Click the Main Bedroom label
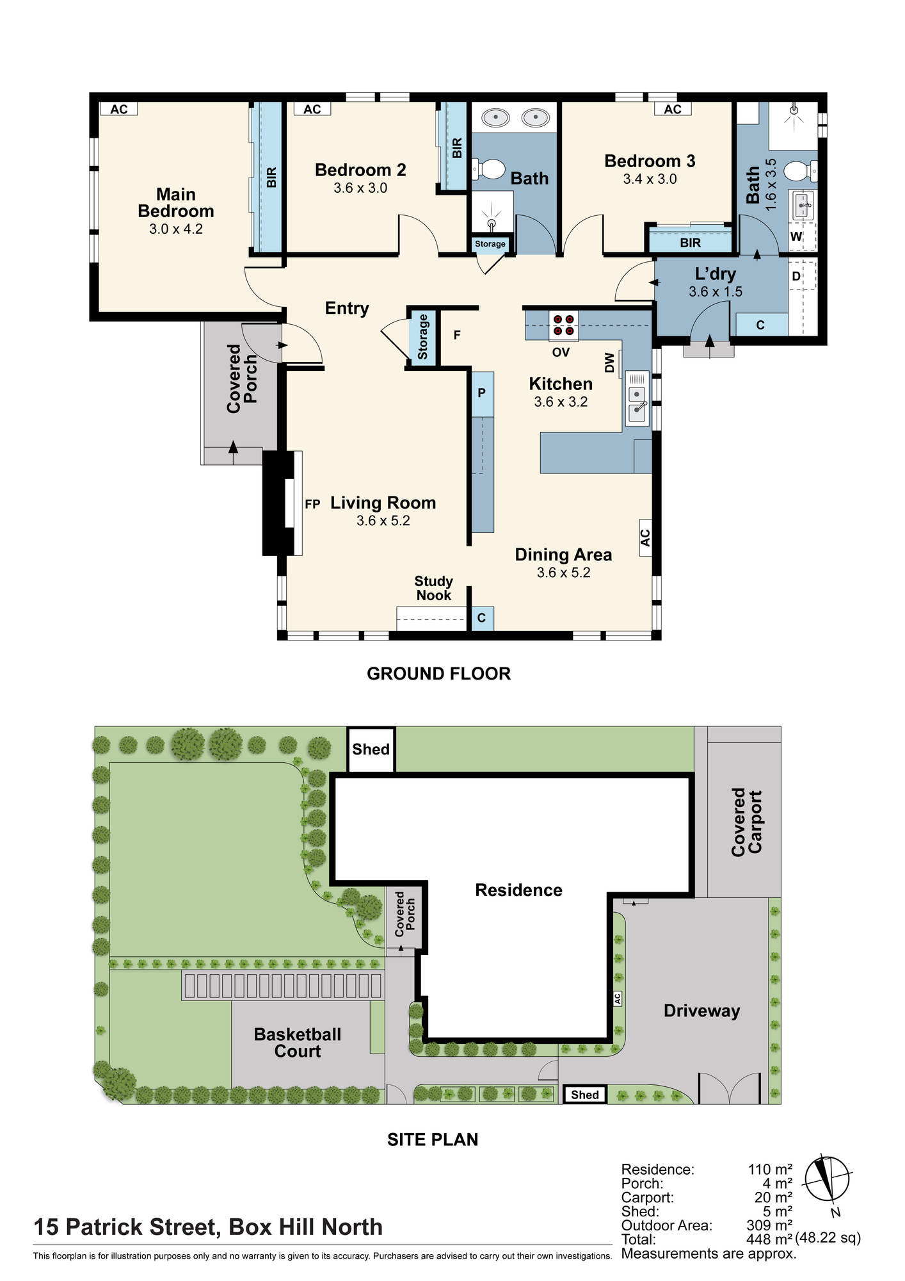click(176, 202)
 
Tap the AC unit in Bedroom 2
click(312, 109)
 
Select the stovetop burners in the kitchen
click(563, 325)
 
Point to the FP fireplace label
click(312, 505)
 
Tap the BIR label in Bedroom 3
click(691, 243)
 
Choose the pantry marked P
click(482, 393)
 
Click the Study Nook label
click(434, 588)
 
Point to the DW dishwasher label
click(609, 363)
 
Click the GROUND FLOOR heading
click(439, 674)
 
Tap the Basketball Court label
click(298, 1043)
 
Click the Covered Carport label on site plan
click(747, 822)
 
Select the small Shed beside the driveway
click(584, 1095)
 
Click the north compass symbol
click(827, 1180)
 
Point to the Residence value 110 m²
click(770, 1170)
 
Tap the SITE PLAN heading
click(433, 1139)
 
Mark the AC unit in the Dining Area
click(645, 538)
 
